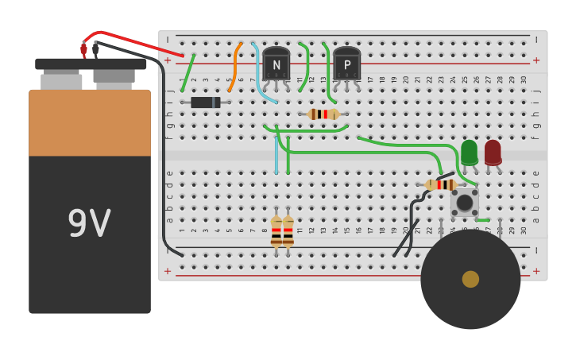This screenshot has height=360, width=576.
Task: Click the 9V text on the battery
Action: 89,224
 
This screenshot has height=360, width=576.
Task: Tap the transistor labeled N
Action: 276,64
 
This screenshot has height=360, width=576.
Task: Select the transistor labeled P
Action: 346,64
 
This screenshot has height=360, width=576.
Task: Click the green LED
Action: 469,152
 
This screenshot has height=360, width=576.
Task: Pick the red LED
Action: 493,152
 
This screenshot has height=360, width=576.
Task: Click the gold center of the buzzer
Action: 470,279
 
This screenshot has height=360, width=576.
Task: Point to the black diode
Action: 205,102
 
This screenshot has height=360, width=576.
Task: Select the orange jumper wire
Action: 234,68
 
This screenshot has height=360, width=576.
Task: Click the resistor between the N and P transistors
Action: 323,114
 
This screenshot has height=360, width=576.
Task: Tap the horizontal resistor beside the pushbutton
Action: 440,185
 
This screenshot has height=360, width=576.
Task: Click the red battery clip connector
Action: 83,49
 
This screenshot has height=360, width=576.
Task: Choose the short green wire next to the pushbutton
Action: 482,220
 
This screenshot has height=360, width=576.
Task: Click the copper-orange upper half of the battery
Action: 89,123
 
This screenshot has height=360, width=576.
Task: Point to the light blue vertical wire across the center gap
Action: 276,155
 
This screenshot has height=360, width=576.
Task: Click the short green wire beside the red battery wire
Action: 187,73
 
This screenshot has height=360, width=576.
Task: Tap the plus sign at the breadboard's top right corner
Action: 536,60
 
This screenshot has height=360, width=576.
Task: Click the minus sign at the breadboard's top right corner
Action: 536,39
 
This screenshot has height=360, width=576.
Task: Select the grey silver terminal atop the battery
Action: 61,81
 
